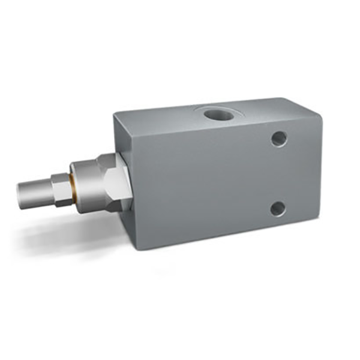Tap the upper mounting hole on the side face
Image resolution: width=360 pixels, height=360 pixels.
(x=278, y=139)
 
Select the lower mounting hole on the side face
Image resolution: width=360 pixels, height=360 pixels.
(x=277, y=209)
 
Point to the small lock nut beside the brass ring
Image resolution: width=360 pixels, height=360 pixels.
(x=61, y=189)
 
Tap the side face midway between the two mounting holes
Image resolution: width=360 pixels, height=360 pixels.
(x=278, y=174)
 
